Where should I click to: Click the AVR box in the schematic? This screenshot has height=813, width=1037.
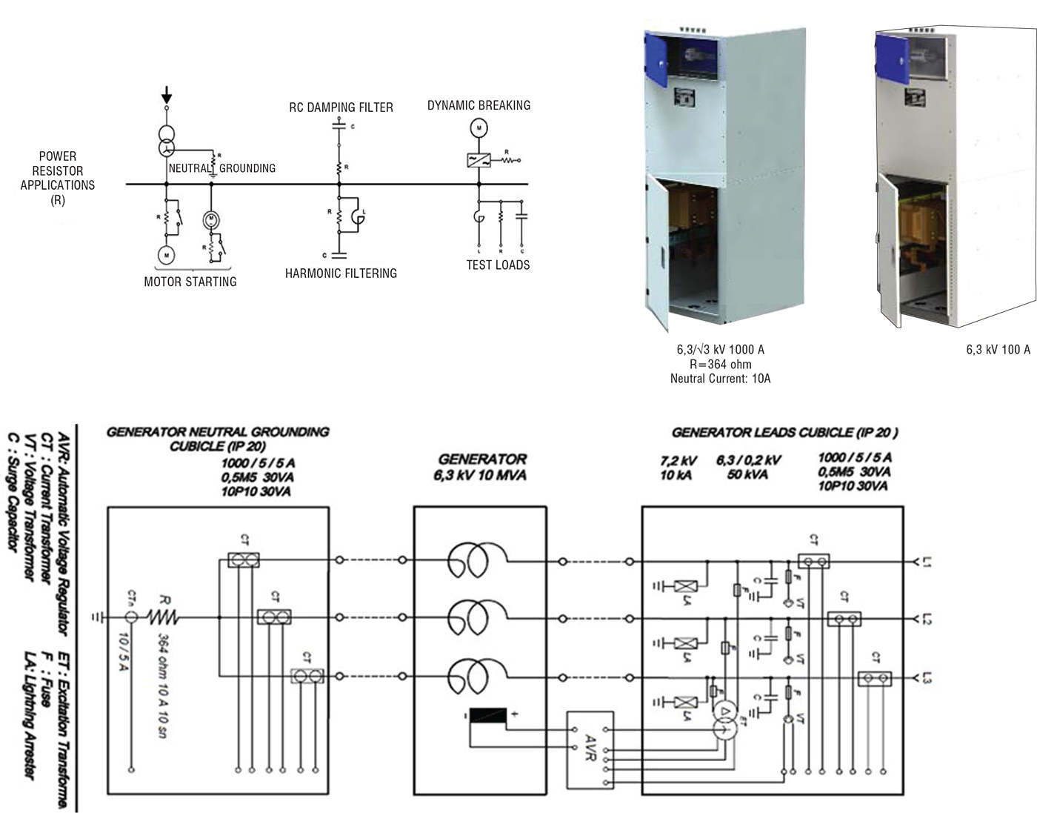tap(590, 750)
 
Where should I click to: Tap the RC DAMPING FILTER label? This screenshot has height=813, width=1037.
tap(341, 107)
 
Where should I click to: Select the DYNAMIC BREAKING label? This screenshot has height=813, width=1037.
tap(479, 105)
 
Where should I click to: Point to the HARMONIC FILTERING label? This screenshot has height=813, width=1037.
tap(341, 273)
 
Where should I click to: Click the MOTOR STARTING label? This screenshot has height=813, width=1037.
tap(190, 282)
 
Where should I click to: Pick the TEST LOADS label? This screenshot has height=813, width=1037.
tap(498, 265)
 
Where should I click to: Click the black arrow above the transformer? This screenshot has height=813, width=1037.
tap(167, 94)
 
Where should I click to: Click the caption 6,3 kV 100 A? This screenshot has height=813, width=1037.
tap(998, 350)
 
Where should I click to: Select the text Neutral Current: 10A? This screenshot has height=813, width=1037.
tap(720, 379)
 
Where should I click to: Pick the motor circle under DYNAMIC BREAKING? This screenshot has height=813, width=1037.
tap(479, 129)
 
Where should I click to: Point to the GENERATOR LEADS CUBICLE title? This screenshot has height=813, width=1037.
tap(784, 433)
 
